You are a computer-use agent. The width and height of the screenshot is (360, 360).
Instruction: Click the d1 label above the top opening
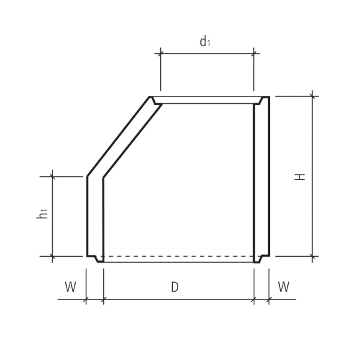205,41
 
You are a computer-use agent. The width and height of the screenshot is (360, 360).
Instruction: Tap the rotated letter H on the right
301,176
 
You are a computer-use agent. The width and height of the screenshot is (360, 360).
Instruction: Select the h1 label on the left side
42,212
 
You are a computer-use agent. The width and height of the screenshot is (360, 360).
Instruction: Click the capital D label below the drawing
175,287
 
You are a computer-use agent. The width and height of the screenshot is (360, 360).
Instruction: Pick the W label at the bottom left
71,287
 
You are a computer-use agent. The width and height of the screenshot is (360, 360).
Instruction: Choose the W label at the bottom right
284,287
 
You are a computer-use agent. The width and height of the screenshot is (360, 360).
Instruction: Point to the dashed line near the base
180,256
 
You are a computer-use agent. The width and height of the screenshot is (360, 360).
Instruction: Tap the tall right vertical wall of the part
262,180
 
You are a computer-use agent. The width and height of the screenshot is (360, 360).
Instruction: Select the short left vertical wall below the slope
95,216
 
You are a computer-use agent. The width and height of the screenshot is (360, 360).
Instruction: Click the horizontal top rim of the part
207,100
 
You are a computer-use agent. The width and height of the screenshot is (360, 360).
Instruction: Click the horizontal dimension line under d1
207,54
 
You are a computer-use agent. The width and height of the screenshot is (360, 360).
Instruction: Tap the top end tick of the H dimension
313,96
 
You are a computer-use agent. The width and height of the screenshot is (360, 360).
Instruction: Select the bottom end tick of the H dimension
313,256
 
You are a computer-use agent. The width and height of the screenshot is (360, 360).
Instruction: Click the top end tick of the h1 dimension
53,176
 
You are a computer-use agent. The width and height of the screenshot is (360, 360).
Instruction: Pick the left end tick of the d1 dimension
161,54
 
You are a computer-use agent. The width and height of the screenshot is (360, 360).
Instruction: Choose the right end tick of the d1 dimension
254,54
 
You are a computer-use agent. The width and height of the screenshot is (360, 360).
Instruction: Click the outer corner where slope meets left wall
88,176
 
